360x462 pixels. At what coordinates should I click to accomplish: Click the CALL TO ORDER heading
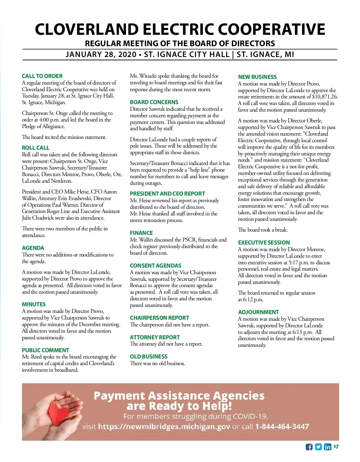[x=42, y=76]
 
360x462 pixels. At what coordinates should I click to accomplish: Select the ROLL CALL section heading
[x=36, y=148]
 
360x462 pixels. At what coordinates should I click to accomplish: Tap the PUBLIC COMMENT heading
[x=45, y=350]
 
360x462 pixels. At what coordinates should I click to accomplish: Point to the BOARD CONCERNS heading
[x=154, y=102]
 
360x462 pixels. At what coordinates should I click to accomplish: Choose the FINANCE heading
[x=141, y=233]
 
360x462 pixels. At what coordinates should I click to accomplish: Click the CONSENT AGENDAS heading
[x=155, y=266]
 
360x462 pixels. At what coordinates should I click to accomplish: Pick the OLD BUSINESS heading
[x=148, y=357]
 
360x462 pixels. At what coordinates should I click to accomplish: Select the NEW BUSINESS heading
[x=257, y=77]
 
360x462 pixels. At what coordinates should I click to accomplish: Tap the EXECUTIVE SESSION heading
[x=264, y=243]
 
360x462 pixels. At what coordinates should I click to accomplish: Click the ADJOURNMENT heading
[x=258, y=312]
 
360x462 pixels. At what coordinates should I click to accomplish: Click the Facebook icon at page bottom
[x=309, y=447]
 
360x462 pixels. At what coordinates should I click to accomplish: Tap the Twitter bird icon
[x=318, y=447]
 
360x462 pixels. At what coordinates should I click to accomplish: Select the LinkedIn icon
[x=328, y=447]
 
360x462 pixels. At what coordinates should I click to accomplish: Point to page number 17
[x=336, y=447]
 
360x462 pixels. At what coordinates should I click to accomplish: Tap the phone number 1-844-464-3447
[x=282, y=427]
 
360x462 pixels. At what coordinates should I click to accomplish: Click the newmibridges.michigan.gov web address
[x=164, y=427]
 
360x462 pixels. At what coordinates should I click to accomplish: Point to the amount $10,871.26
[x=325, y=97]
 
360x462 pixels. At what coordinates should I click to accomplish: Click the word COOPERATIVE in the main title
[x=271, y=29]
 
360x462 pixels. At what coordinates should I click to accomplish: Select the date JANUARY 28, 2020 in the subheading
[x=101, y=55]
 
